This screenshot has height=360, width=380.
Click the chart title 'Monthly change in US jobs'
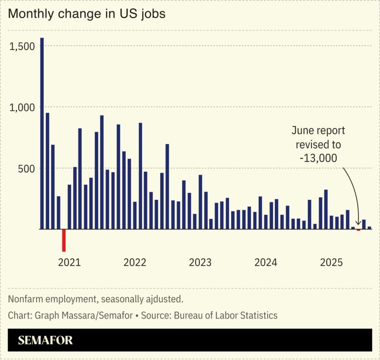(x=87, y=14)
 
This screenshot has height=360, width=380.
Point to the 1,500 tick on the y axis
(x=22, y=46)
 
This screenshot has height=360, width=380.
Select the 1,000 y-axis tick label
(x=22, y=107)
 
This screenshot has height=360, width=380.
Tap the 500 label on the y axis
(x=26, y=168)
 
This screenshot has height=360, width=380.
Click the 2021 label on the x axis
(x=69, y=263)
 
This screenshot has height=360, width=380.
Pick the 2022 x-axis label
(x=135, y=263)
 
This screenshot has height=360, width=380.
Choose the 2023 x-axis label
(x=200, y=263)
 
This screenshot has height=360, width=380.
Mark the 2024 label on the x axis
(x=266, y=263)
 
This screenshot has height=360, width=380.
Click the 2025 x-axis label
(x=331, y=263)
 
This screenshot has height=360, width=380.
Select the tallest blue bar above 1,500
(x=42, y=133)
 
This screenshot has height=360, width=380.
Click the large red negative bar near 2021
(x=64, y=240)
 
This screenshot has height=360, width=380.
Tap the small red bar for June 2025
(x=359, y=230)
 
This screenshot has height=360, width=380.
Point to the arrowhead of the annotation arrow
(x=358, y=225)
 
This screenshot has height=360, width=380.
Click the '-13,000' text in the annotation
(x=318, y=158)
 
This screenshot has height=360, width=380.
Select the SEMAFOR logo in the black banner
(x=46, y=341)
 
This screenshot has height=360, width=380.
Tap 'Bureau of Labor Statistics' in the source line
(x=226, y=315)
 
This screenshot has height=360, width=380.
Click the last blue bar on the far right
(x=370, y=228)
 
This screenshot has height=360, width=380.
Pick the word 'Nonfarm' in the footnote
(x=24, y=300)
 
